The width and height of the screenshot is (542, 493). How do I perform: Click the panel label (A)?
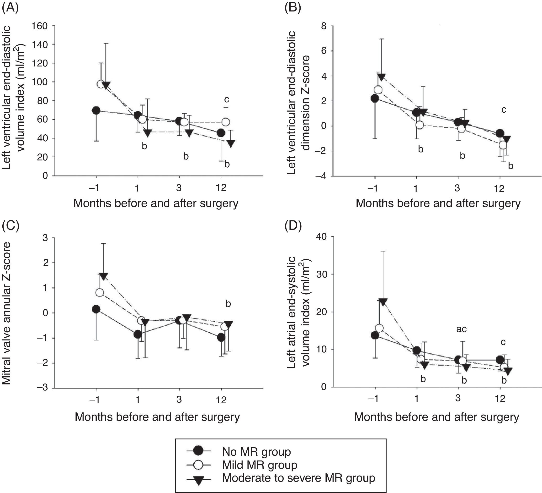pyautogui.click(x=10, y=8)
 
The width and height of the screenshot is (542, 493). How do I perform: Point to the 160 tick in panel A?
pyautogui.click(x=40, y=26)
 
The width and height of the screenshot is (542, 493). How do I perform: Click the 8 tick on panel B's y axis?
pyautogui.click(x=324, y=26)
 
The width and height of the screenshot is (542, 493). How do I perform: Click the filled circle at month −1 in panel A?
pyautogui.click(x=96, y=110)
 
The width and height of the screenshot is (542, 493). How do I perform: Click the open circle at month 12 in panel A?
pyautogui.click(x=226, y=122)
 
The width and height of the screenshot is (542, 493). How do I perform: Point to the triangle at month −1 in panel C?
pyautogui.click(x=104, y=276)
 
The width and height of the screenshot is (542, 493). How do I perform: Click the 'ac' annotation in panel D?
pyautogui.click(x=461, y=329)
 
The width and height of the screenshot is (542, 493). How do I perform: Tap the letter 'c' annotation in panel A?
pyautogui.click(x=226, y=100)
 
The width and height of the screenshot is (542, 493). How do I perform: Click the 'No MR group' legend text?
pyautogui.click(x=256, y=452)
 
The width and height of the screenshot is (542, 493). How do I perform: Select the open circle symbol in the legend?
pyautogui.click(x=198, y=465)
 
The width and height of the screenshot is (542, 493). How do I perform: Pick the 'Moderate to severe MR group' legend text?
pyautogui.click(x=298, y=478)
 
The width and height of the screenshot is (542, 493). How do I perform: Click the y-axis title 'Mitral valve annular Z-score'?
pyautogui.click(x=7, y=313)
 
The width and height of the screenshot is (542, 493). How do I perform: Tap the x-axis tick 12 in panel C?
pyautogui.click(x=221, y=400)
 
